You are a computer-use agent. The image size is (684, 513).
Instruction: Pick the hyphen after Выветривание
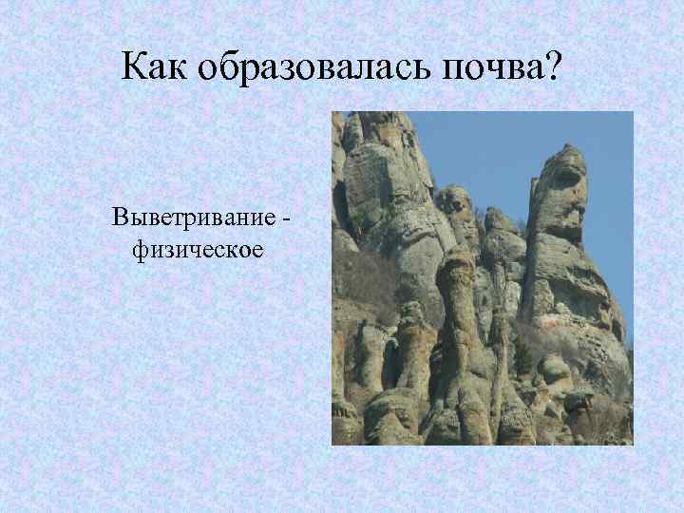[286, 218]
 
